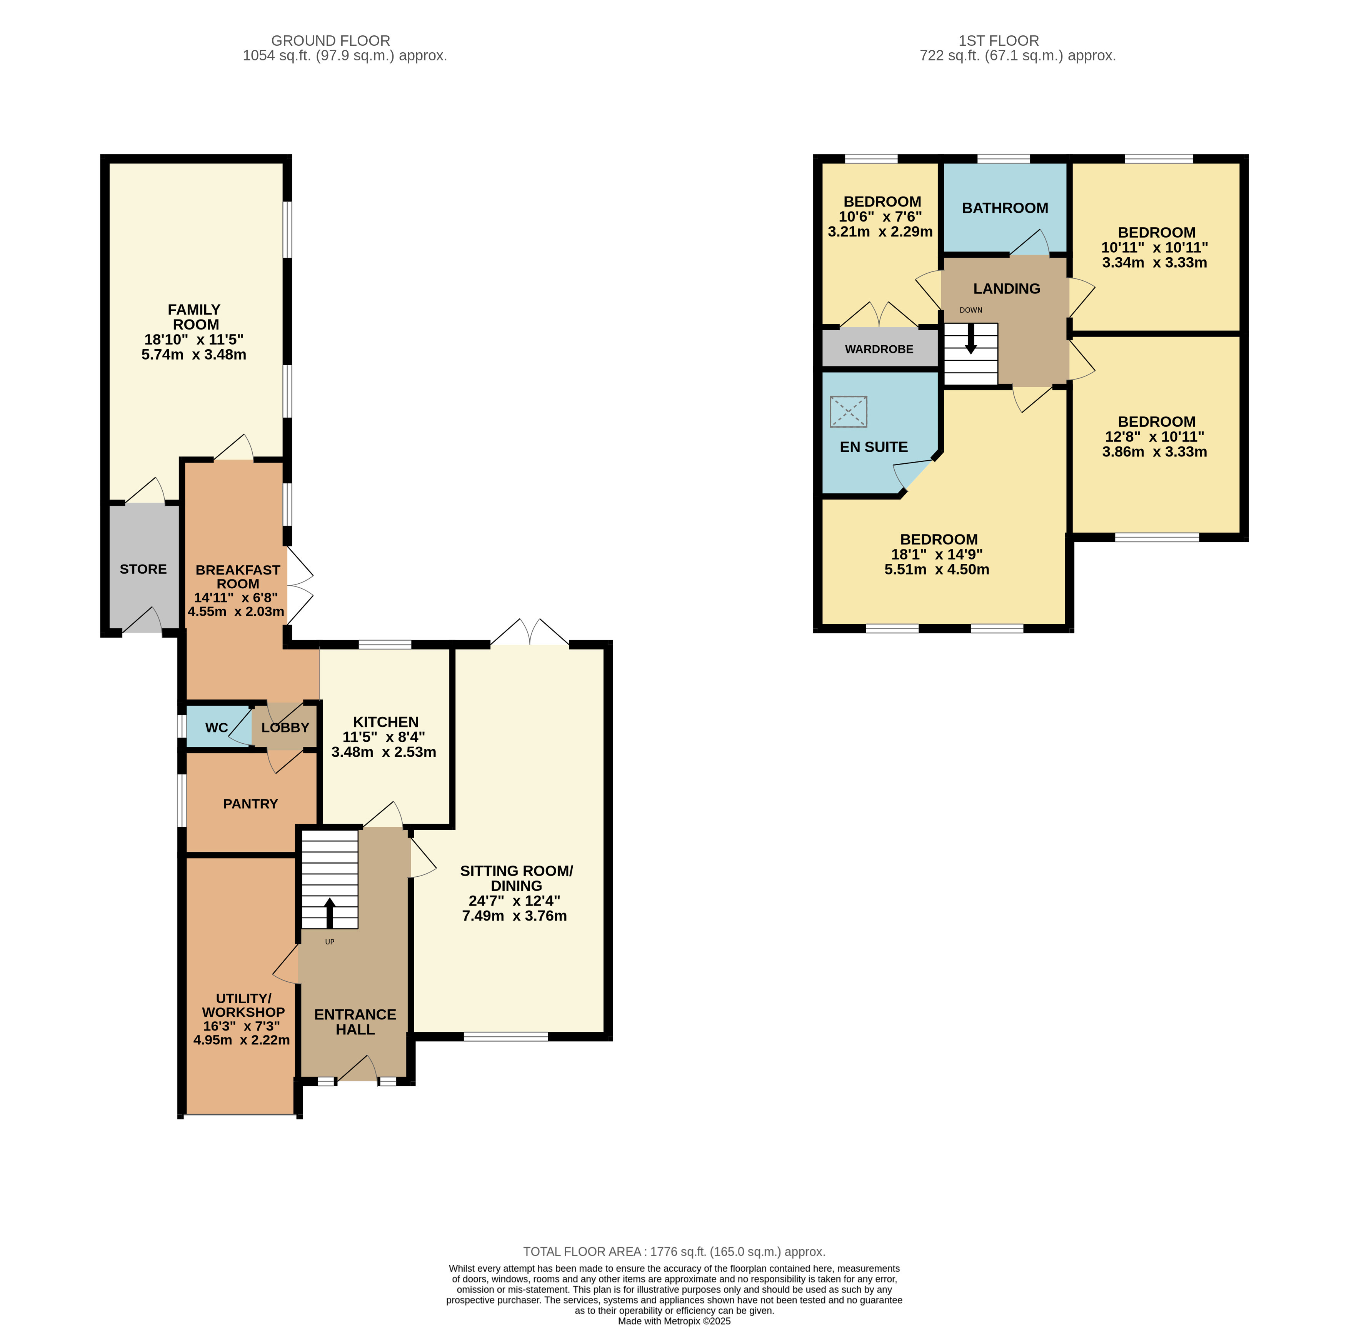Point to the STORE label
(143, 569)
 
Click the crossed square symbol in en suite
(848, 411)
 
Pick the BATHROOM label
(1005, 208)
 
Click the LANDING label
(1006, 288)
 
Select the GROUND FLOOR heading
(330, 40)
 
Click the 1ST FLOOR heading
(998, 40)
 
